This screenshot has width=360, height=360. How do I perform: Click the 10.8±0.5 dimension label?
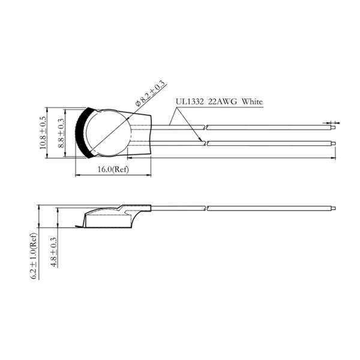(x=43, y=133)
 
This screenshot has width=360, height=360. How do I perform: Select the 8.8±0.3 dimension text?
(x=61, y=133)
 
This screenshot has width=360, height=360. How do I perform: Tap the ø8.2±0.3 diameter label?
(x=151, y=94)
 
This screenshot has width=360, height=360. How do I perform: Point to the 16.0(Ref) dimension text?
(x=113, y=169)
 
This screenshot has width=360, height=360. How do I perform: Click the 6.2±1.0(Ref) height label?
(x=33, y=256)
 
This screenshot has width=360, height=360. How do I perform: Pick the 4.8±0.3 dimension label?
(x=54, y=251)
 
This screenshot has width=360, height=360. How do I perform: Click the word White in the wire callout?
(x=252, y=101)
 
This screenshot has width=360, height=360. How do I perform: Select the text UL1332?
(x=190, y=101)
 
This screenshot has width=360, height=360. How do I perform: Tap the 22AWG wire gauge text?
(x=222, y=101)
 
